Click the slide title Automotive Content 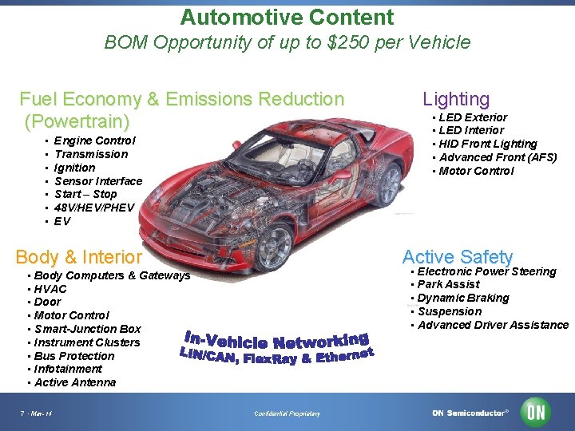[x=287, y=18]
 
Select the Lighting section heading [x=455, y=99]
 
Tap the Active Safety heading [x=457, y=257]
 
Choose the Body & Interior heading [x=78, y=257]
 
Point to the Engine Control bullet [x=94, y=140]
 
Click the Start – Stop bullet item [x=85, y=194]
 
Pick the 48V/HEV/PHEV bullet [x=94, y=208]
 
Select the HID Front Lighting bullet [x=488, y=144]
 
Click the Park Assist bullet [x=449, y=284]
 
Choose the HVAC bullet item [x=50, y=289]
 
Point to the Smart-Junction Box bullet [x=88, y=329]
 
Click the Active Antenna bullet [x=75, y=382]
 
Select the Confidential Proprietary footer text [x=287, y=413]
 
